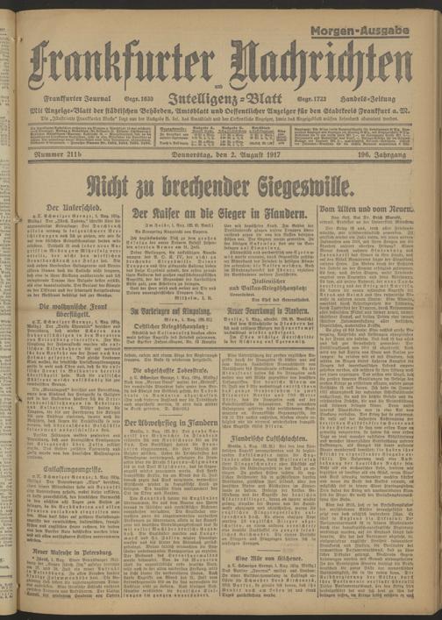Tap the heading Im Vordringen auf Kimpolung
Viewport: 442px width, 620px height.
[x=170, y=312]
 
